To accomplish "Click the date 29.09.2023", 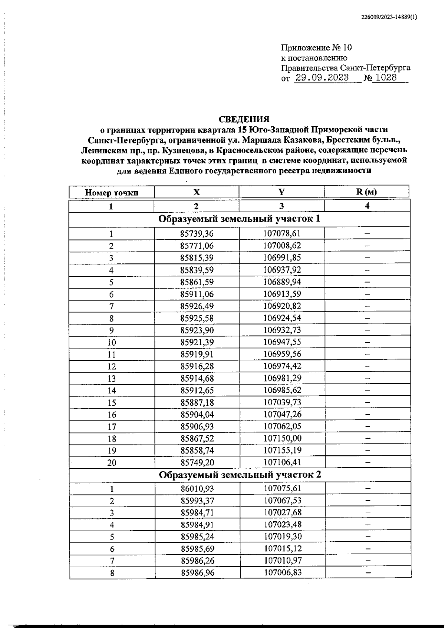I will (x=322, y=78).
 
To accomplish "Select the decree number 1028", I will (x=386, y=78).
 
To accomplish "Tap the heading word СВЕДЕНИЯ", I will (x=244, y=119).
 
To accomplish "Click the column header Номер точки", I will (x=112, y=192).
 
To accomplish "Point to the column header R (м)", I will (x=366, y=192).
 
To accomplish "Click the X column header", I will (x=196, y=192).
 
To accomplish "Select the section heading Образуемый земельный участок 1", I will (x=239, y=219).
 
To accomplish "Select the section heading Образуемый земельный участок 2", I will (x=240, y=475).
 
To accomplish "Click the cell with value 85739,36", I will (x=197, y=234).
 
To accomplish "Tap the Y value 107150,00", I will (x=282, y=438).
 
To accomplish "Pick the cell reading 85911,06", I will (x=197, y=294).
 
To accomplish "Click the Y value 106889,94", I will (x=282, y=282).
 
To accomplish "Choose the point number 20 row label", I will (x=112, y=462).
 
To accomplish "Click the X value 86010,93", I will (x=197, y=489).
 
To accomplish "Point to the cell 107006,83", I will (x=283, y=572).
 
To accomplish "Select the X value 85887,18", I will (x=197, y=402).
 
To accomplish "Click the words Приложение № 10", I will (x=316, y=48).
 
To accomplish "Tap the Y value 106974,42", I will (x=282, y=366).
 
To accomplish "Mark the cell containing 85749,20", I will (x=197, y=462).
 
